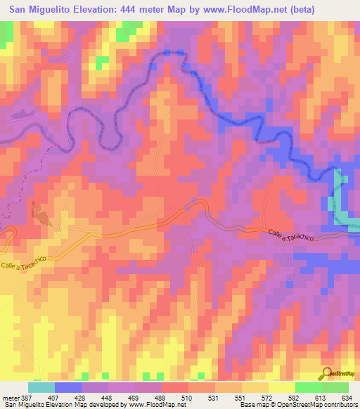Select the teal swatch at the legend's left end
tap(41, 387)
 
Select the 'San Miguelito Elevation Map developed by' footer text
tap(63, 405)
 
